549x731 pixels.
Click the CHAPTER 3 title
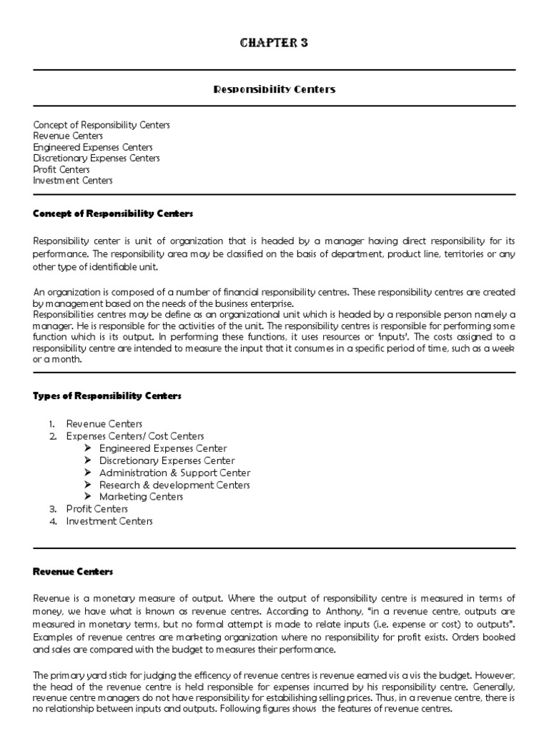click(274, 44)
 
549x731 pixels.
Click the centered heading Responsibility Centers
click(274, 89)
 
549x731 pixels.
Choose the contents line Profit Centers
click(61, 170)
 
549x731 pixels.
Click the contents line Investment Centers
click(73, 181)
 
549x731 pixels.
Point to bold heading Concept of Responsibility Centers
click(113, 213)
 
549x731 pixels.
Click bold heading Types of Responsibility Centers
click(107, 395)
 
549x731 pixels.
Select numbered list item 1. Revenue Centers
click(104, 424)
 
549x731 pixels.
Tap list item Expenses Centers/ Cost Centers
click(134, 436)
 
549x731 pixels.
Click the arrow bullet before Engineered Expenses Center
click(88, 448)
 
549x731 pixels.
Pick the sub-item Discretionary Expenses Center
click(167, 460)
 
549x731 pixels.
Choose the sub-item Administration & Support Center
click(174, 473)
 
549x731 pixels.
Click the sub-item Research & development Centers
click(174, 485)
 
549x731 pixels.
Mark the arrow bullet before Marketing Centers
click(88, 497)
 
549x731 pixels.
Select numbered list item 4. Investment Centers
click(109, 521)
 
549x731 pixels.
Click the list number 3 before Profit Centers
click(52, 509)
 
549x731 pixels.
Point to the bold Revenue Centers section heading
click(73, 572)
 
